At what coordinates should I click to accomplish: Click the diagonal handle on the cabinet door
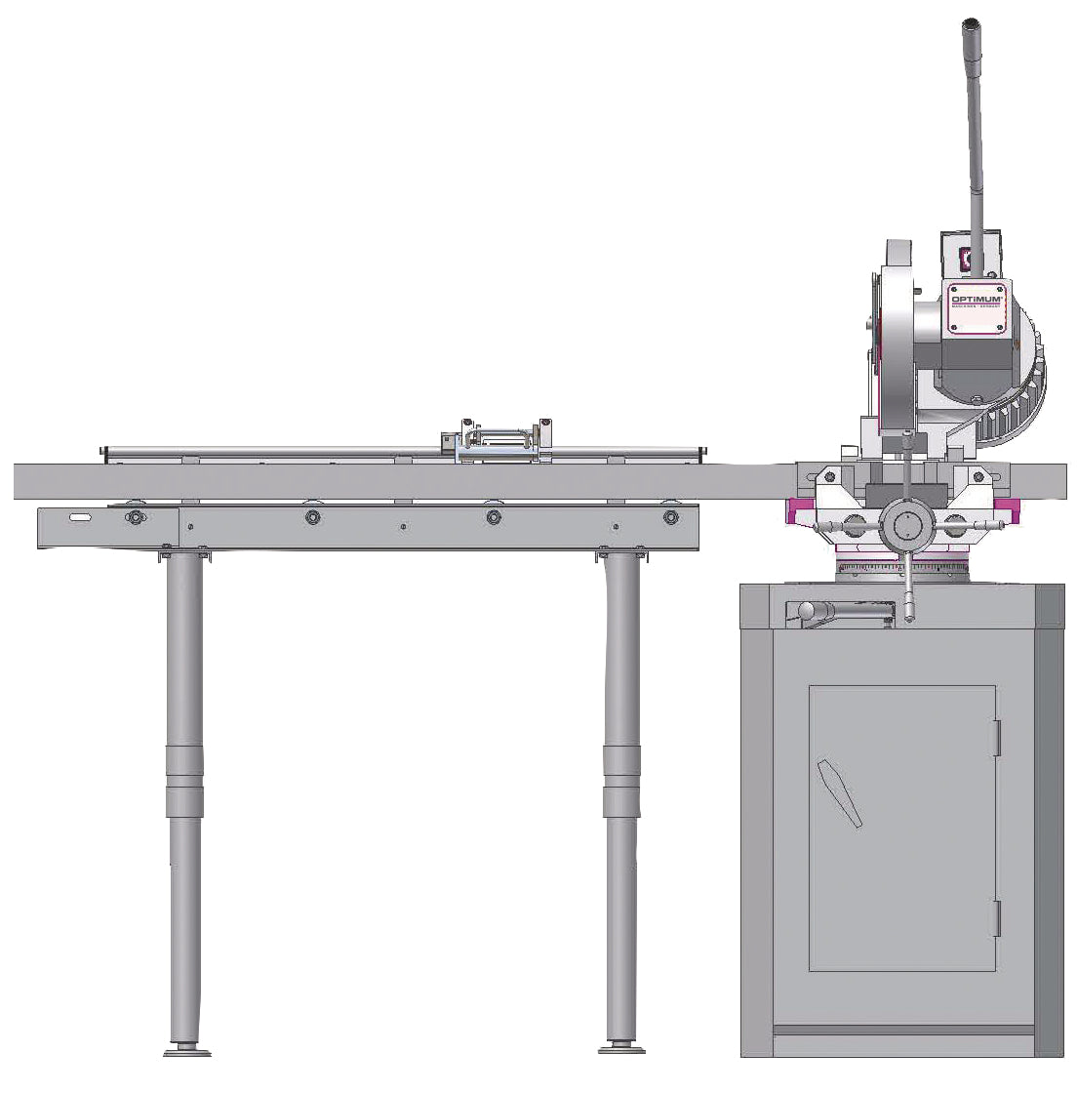(841, 792)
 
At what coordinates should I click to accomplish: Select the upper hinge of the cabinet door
(995, 737)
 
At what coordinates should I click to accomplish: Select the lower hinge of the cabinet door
(995, 917)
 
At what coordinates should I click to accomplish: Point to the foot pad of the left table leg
(186, 1050)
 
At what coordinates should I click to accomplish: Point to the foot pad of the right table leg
(621, 1048)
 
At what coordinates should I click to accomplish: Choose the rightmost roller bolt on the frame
(670, 516)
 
